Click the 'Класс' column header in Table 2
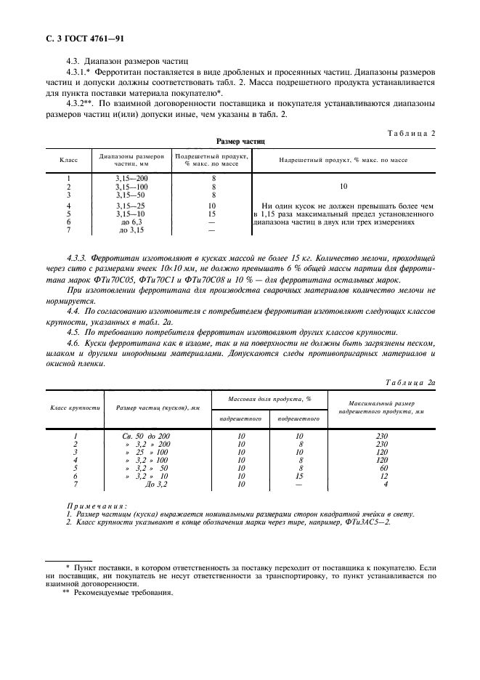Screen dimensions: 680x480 pyautogui.click(x=68, y=160)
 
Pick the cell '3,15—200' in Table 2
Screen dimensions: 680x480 pyautogui.click(x=131, y=178)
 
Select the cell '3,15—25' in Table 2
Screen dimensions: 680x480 pyautogui.click(x=131, y=206)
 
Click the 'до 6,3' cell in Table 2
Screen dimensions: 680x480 pyautogui.click(x=131, y=222)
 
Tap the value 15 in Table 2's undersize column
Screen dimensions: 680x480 pyautogui.click(x=213, y=214)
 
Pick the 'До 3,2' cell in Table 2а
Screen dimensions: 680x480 pyautogui.click(x=156, y=484)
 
